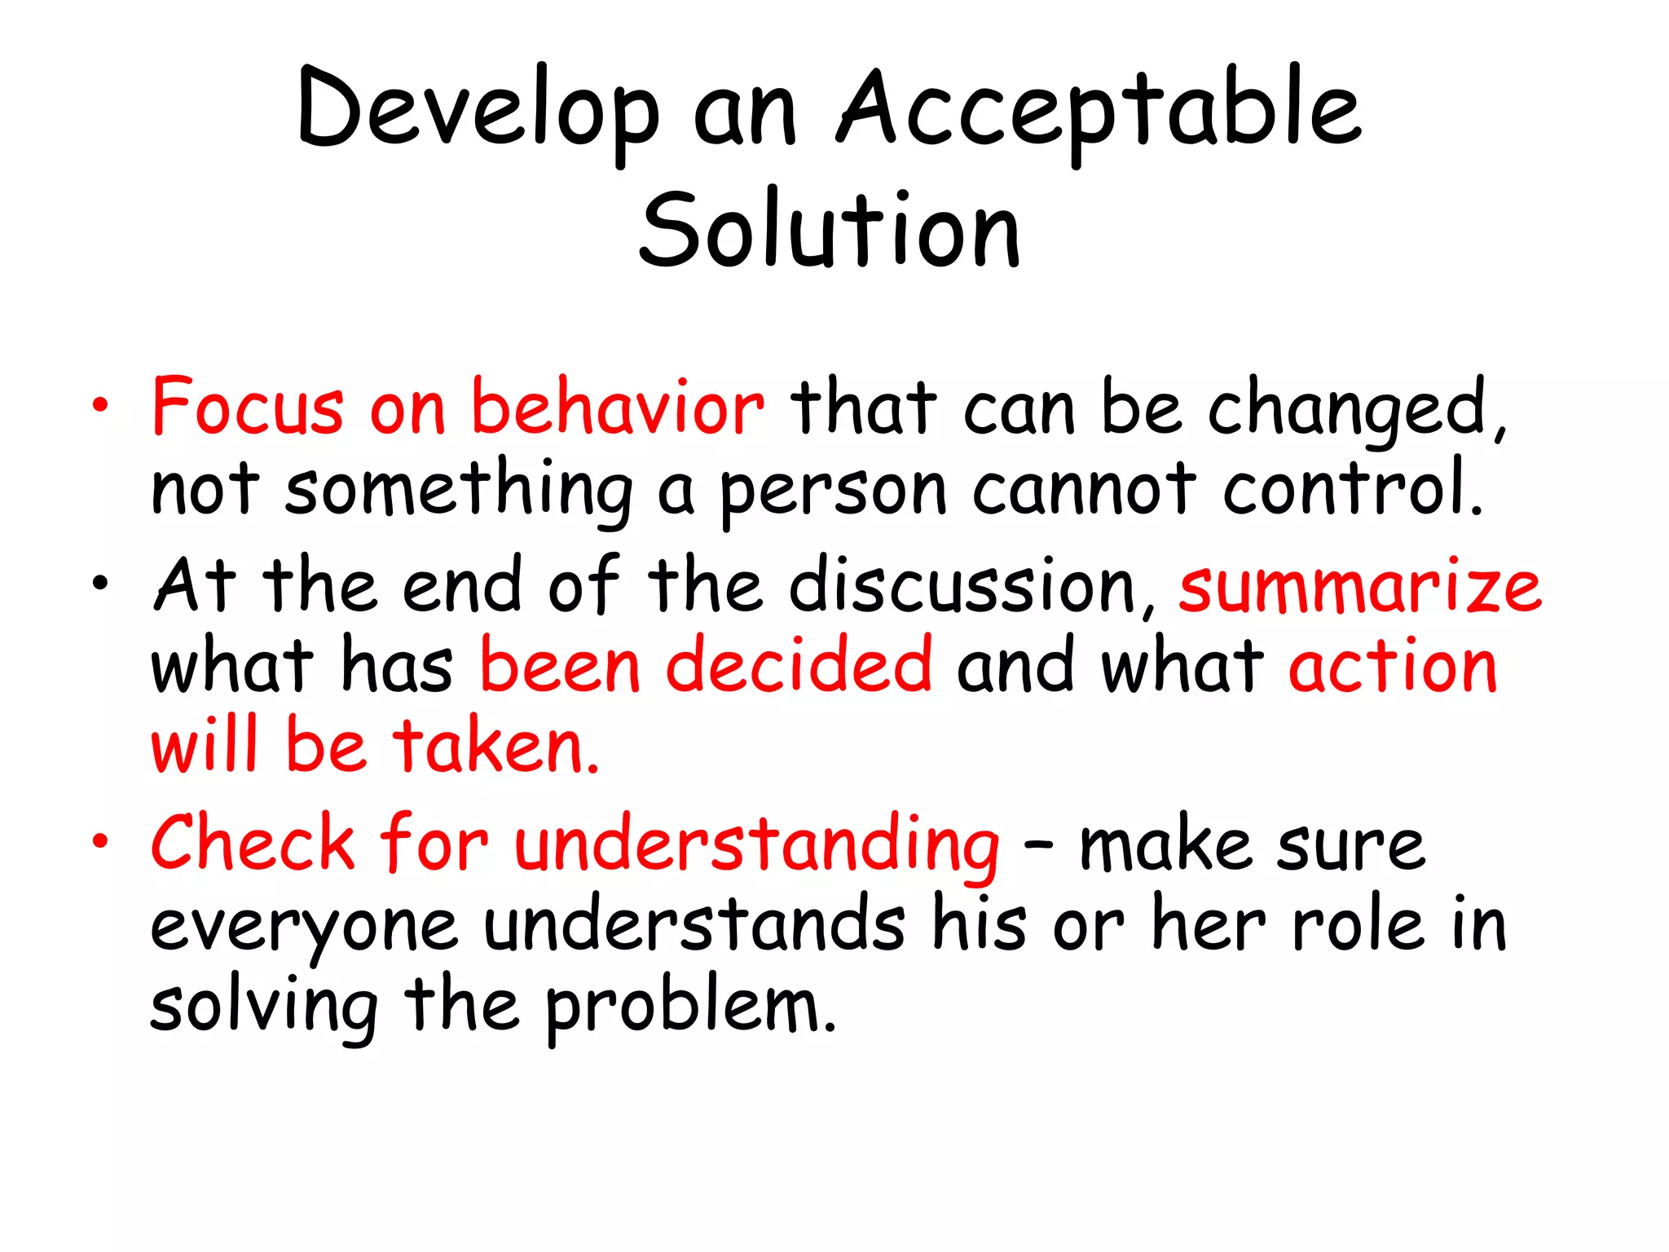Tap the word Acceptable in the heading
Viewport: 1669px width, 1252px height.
tap(1099, 110)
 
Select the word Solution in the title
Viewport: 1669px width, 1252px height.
tap(829, 230)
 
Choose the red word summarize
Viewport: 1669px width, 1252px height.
tap(1360, 585)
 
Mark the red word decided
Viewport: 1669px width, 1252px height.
tap(799, 664)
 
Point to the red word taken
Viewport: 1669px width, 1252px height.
tap(496, 746)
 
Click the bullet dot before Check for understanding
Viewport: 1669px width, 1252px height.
tap(99, 841)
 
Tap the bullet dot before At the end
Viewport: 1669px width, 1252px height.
tap(99, 583)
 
